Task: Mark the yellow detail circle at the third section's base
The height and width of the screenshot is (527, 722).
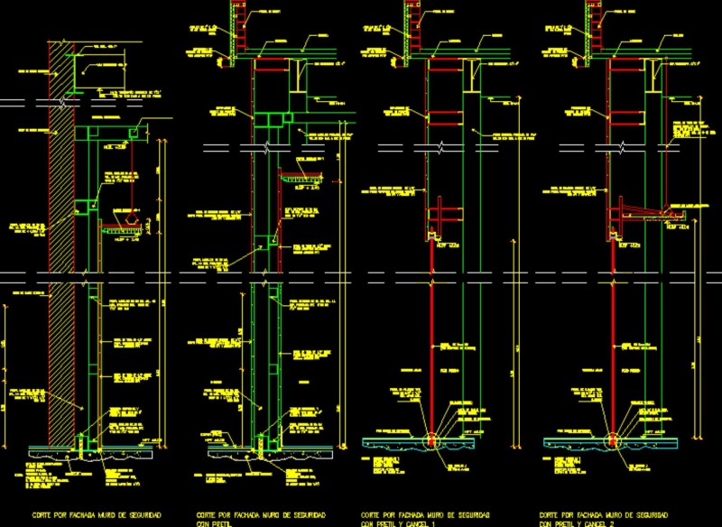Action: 430,441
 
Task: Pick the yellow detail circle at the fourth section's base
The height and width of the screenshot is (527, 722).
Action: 613,441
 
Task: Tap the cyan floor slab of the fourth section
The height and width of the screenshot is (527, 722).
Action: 578,442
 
